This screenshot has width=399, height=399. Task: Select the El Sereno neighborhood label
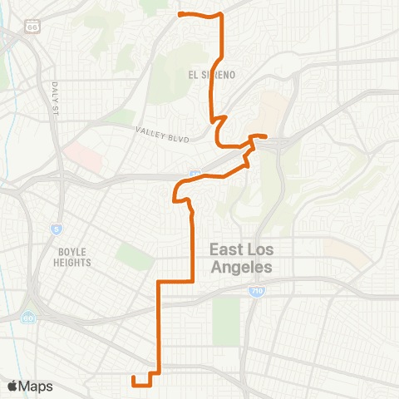point(213,75)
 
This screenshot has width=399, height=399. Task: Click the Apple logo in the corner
point(12,386)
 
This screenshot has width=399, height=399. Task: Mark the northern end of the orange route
point(180,14)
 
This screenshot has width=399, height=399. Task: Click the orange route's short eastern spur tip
point(265,136)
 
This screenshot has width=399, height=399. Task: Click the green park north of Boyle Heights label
point(134,257)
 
